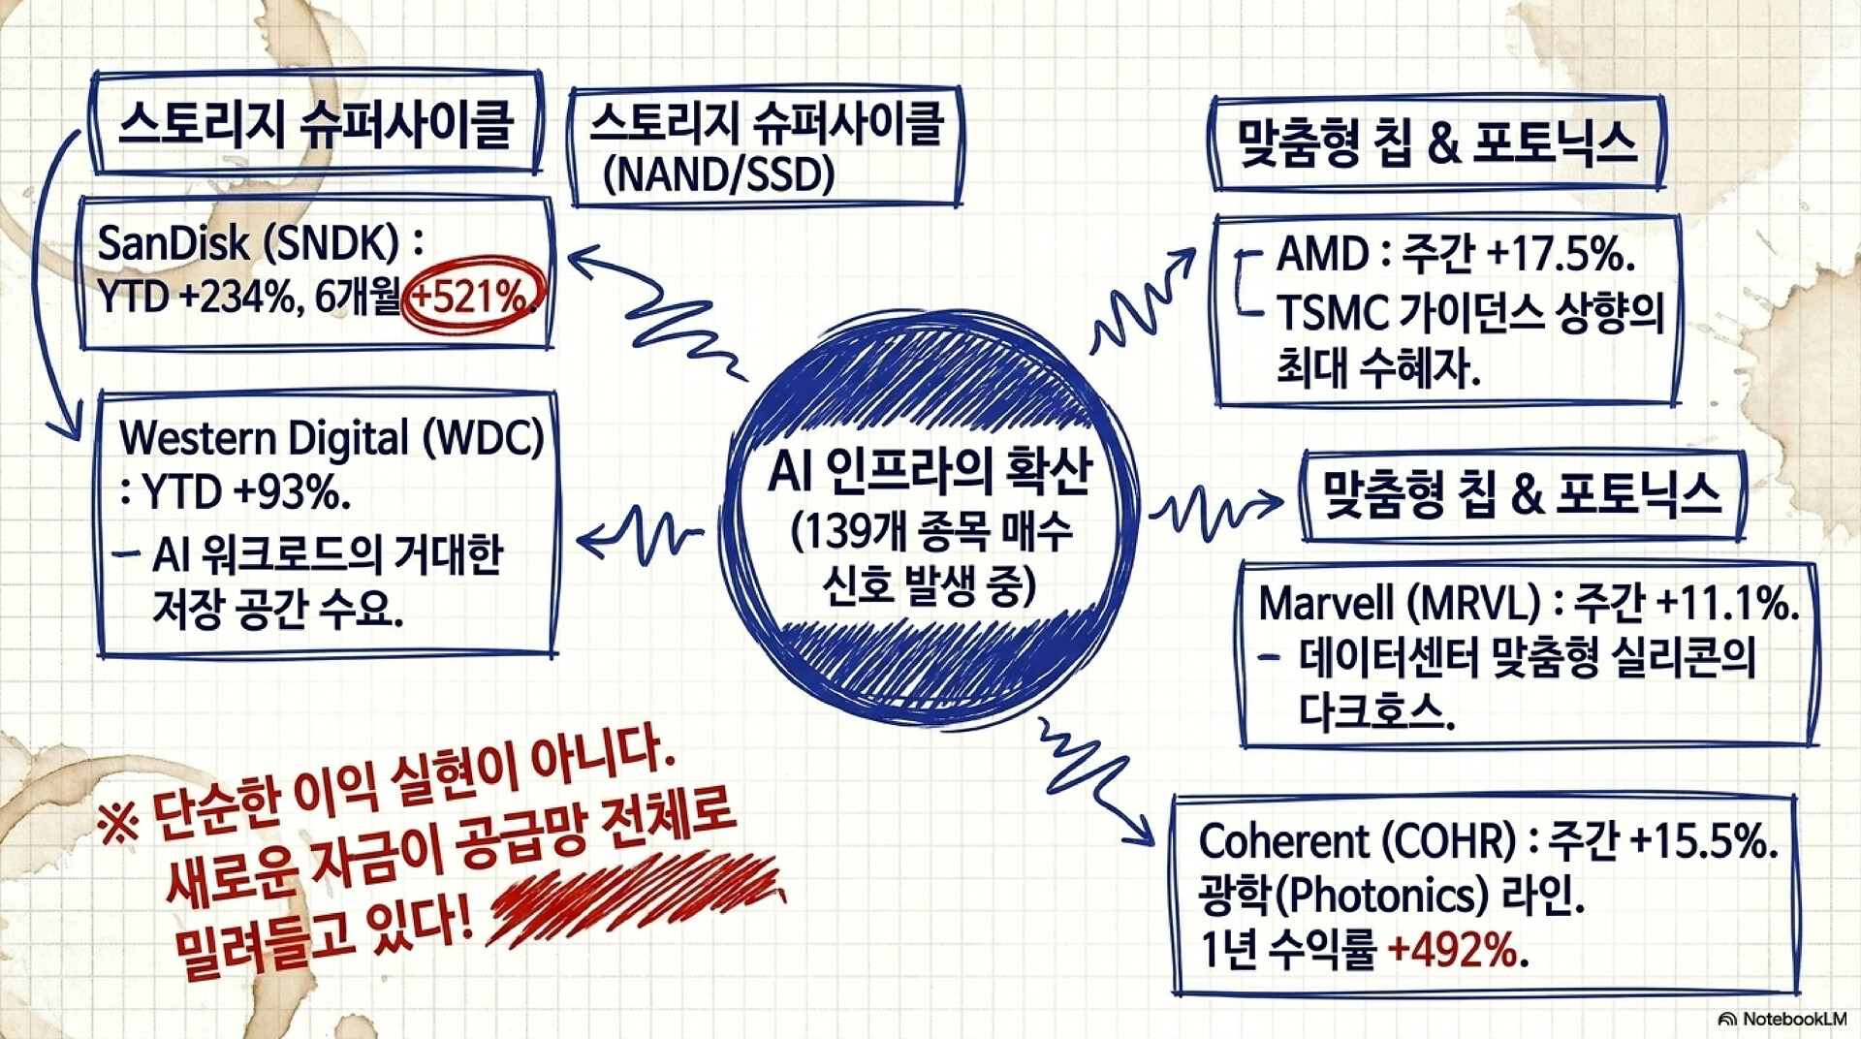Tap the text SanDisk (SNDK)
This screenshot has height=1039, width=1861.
pos(248,242)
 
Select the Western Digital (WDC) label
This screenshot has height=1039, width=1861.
pos(331,438)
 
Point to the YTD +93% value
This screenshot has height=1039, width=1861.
pos(246,492)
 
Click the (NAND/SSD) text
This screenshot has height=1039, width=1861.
pos(718,174)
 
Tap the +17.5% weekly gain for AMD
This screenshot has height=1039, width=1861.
pos(1561,254)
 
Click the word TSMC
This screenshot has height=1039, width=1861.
pos(1332,312)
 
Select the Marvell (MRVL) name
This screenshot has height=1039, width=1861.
pos(1399,603)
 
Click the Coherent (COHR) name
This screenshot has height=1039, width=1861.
pos(1357,840)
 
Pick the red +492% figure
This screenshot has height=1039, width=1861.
pos(1452,949)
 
